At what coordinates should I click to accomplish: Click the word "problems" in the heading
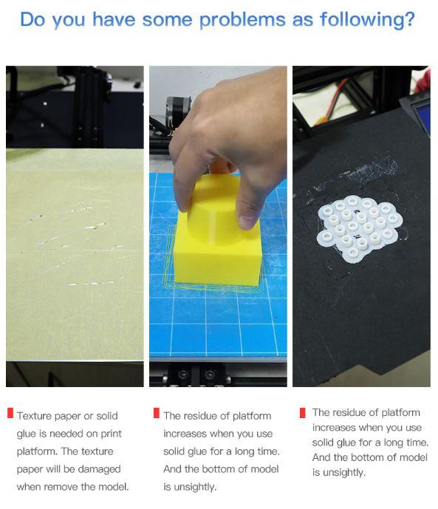pyautogui.click(x=242, y=21)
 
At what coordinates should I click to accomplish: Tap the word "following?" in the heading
pyautogui.click(x=367, y=20)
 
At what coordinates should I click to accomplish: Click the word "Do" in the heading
pyautogui.click(x=32, y=19)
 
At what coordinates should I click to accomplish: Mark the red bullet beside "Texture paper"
pyautogui.click(x=10, y=413)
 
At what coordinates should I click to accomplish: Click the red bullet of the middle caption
pyautogui.click(x=157, y=413)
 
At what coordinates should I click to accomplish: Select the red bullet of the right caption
pyautogui.click(x=303, y=413)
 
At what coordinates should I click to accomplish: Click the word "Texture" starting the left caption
pyautogui.click(x=34, y=416)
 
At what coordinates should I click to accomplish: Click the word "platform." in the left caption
pyautogui.click(x=38, y=451)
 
